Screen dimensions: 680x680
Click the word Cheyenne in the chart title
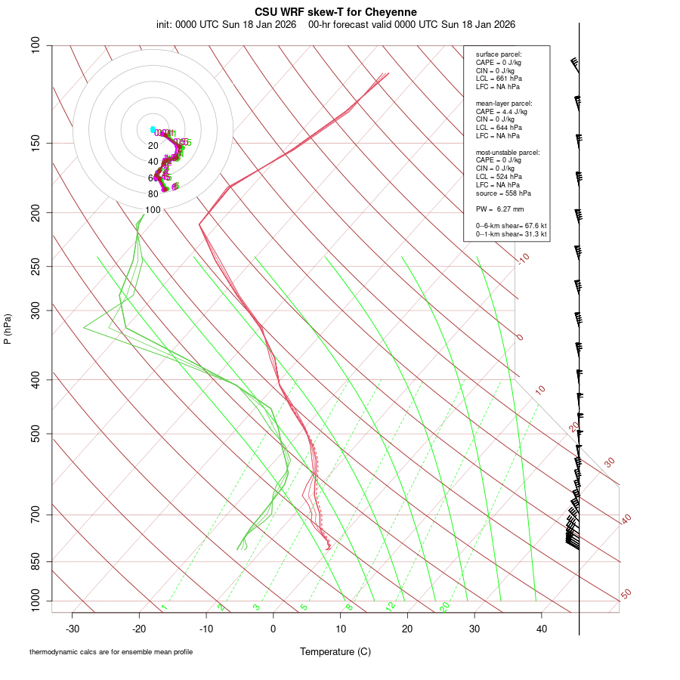click(396, 12)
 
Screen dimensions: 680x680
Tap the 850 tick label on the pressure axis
click(35, 561)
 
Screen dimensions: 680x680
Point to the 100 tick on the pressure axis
click(35, 45)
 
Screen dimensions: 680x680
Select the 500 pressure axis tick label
click(35, 434)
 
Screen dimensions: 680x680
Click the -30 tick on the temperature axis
click(73, 629)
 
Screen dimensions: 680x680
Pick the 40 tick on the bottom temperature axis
click(541, 629)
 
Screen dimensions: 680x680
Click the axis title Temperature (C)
click(335, 651)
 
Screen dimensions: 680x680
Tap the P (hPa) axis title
click(8, 329)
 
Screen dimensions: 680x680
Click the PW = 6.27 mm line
click(499, 209)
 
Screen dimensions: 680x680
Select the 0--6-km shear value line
click(511, 226)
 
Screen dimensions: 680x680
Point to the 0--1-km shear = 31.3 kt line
click(511, 234)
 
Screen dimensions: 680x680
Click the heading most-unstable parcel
click(508, 153)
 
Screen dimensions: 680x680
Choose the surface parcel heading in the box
click(499, 54)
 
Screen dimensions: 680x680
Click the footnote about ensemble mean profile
click(111, 651)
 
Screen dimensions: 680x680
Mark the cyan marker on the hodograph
click(153, 129)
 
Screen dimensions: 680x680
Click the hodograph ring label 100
click(153, 210)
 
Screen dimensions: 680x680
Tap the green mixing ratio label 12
click(390, 606)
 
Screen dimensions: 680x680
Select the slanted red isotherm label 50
click(626, 595)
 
